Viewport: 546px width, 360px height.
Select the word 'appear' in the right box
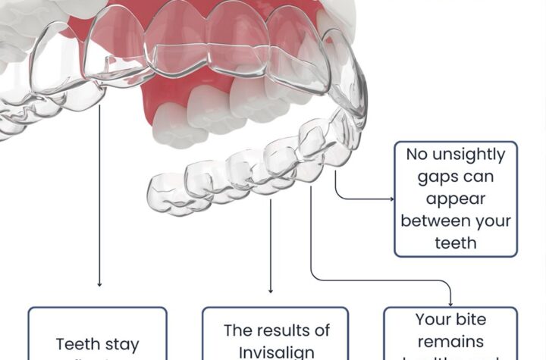(x=456, y=200)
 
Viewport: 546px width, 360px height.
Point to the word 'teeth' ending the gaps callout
(x=456, y=243)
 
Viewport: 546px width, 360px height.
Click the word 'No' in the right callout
(x=416, y=155)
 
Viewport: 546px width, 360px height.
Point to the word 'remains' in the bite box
(x=450, y=342)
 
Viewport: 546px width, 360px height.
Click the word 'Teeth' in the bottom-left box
(x=77, y=345)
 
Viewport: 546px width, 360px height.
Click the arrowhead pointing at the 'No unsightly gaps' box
(x=391, y=199)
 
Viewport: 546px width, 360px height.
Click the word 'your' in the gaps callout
(x=493, y=221)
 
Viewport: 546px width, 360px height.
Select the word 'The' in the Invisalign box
(x=238, y=330)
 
